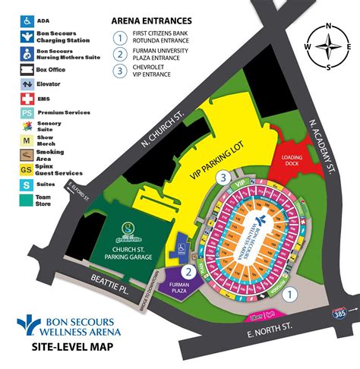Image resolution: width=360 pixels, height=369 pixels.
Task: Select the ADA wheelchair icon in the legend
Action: click(27, 20)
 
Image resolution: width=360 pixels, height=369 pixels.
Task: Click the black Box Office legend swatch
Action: click(27, 70)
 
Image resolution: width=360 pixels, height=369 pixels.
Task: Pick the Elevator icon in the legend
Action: click(27, 84)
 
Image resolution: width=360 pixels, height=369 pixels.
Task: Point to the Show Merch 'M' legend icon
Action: click(27, 140)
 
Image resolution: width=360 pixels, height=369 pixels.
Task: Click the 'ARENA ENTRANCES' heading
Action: click(151, 20)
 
